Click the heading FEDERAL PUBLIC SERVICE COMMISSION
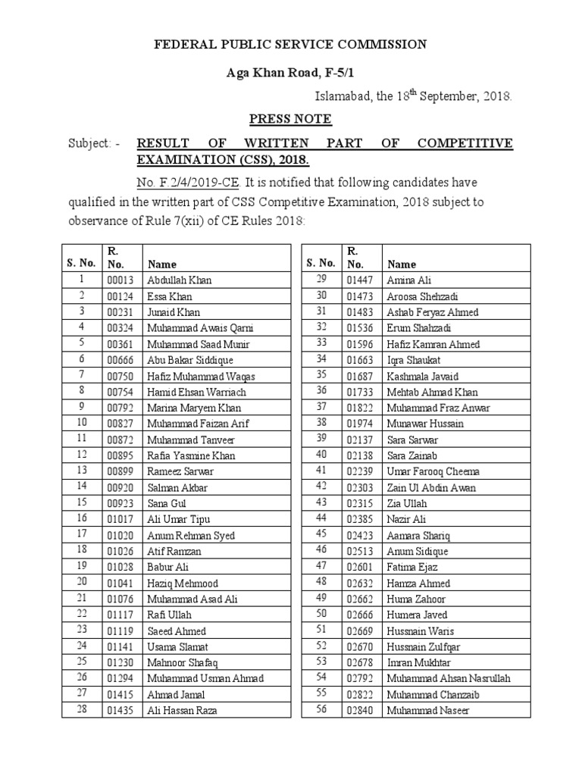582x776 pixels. tap(290, 45)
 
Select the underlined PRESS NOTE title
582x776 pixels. tap(290, 119)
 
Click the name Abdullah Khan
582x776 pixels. tap(180, 280)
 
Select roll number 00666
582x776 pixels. tap(118, 360)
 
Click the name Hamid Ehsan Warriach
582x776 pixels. tap(196, 392)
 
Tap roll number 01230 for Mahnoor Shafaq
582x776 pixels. tap(118, 662)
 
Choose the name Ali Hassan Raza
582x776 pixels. tap(182, 710)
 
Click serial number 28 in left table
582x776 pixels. tap(82, 710)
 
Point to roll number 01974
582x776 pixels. tap(360, 424)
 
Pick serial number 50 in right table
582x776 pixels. tap(321, 615)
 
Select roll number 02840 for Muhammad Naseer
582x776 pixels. tap(360, 710)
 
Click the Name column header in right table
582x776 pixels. tap(402, 264)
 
